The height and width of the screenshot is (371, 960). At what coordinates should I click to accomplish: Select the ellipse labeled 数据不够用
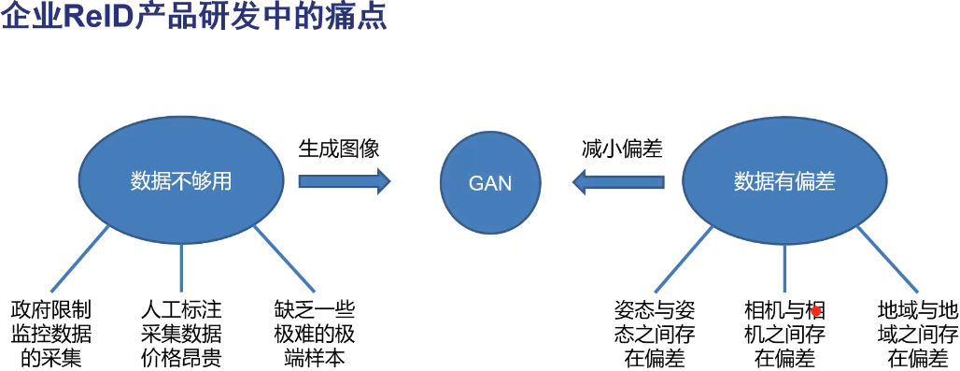tap(179, 181)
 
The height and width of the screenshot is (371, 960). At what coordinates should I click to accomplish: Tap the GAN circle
tap(490, 182)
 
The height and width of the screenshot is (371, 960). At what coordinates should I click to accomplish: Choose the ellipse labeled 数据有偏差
tap(784, 181)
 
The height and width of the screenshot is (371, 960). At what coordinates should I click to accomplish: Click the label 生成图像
tap(339, 149)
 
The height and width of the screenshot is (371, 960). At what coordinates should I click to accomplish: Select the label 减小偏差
tap(622, 149)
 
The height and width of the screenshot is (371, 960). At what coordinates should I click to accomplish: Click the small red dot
tap(815, 311)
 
